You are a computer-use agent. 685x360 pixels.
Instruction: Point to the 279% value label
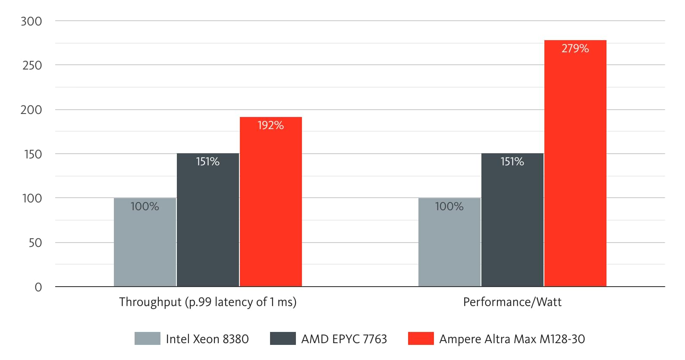point(575,48)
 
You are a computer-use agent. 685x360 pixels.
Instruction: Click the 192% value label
point(270,125)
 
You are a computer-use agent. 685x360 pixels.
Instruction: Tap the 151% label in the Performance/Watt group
point(512,161)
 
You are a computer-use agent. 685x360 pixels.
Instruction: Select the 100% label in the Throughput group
point(145,206)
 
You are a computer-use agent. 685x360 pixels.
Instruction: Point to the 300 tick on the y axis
point(31,21)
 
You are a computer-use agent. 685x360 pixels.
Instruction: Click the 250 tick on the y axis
point(32,65)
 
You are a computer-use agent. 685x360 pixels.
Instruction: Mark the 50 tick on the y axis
point(35,243)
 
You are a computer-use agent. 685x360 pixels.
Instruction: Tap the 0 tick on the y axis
point(38,287)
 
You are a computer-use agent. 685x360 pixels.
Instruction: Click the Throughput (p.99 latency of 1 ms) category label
point(207,302)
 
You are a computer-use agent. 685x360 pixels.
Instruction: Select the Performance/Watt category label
point(512,302)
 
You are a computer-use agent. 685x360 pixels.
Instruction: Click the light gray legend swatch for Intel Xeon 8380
point(147,338)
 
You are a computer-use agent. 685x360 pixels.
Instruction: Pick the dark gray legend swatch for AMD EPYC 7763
point(283,338)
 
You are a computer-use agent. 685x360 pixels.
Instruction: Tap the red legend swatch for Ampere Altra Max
point(421,338)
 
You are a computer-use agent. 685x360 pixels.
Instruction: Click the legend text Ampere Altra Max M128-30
point(512,339)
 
